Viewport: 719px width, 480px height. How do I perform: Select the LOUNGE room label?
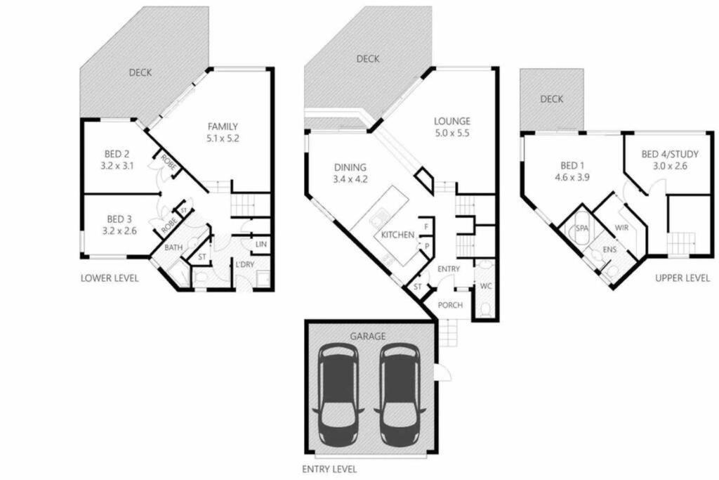[x=452, y=121]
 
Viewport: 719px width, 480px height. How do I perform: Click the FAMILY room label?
[x=223, y=127]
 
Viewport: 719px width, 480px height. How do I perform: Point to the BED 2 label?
[x=117, y=154]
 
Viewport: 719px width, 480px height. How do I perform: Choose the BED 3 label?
[x=119, y=219]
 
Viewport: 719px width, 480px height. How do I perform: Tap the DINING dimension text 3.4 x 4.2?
[x=350, y=179]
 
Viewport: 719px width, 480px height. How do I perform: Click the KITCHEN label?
[x=397, y=235]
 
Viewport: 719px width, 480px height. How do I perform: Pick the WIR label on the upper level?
[x=622, y=228]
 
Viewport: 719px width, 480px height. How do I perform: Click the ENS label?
[x=609, y=249]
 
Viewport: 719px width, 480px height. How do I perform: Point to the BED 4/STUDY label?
[x=670, y=154]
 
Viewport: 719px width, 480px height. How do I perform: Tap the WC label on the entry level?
[x=486, y=286]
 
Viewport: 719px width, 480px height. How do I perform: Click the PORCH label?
[x=450, y=305]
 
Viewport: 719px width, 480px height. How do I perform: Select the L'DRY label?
[x=245, y=265]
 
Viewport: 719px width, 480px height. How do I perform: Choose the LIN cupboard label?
[x=261, y=244]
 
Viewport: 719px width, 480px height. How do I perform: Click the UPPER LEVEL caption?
[x=682, y=278]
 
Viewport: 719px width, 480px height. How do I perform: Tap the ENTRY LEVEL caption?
[x=329, y=469]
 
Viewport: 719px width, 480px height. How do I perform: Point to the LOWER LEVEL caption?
[x=110, y=278]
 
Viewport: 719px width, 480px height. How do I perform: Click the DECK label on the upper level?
[x=552, y=99]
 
